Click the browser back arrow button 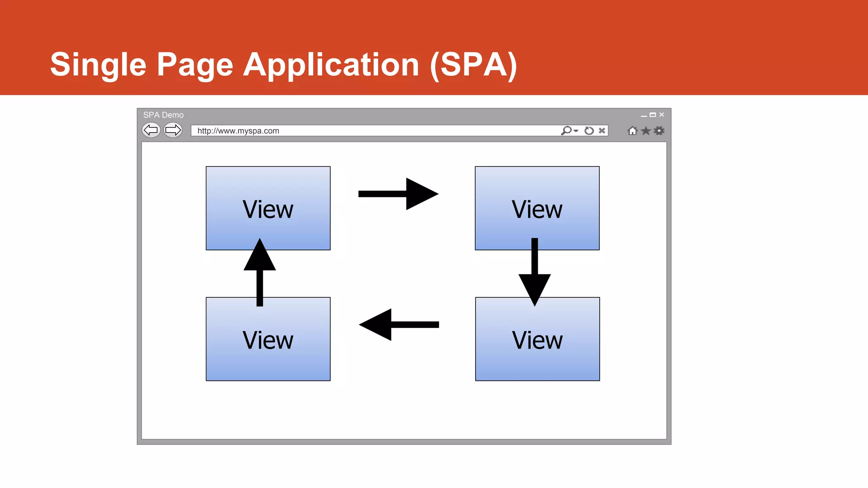pos(151,130)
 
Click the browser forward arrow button pos(173,130)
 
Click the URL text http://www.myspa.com pos(238,131)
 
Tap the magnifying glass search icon pos(567,130)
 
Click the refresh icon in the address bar pos(589,130)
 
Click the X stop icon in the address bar pos(602,130)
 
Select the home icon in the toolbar pos(632,130)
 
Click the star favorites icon pos(645,130)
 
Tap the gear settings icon pos(659,130)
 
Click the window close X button pos(662,115)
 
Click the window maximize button pos(653,115)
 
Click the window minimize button pos(644,116)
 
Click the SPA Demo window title pos(163,115)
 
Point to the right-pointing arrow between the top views pos(398,194)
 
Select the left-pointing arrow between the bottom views pos(399,324)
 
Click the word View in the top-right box pos(537,209)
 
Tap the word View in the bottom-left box pos(268,340)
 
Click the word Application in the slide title pos(331,64)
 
